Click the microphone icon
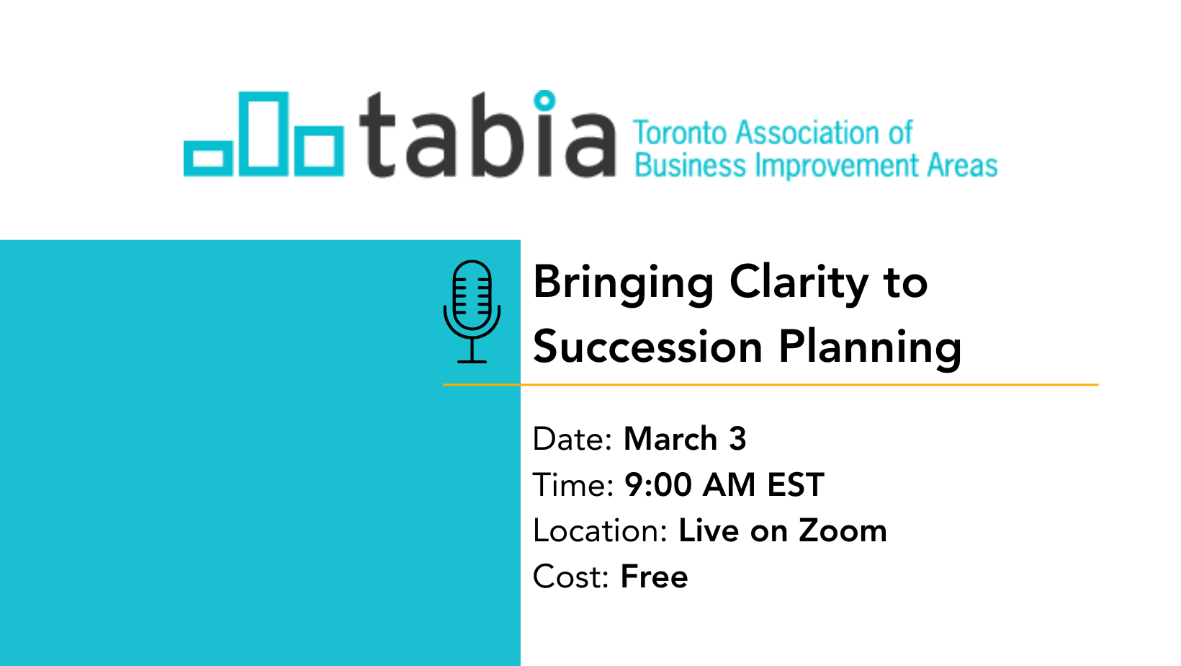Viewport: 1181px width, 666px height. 472,311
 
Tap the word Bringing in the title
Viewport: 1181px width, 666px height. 623,285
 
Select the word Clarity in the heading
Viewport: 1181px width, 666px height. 799,285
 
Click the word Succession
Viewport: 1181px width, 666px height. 648,347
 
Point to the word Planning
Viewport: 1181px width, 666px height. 871,348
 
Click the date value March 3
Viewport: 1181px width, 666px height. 685,438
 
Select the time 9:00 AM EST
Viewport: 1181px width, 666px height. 724,484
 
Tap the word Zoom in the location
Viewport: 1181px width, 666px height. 842,530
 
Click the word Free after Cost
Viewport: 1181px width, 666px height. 655,577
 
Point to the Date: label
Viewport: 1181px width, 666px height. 572,439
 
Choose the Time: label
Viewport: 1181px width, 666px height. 573,484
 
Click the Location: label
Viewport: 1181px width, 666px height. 601,530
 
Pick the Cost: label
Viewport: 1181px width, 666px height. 571,577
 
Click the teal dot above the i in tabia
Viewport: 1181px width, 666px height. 544,100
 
